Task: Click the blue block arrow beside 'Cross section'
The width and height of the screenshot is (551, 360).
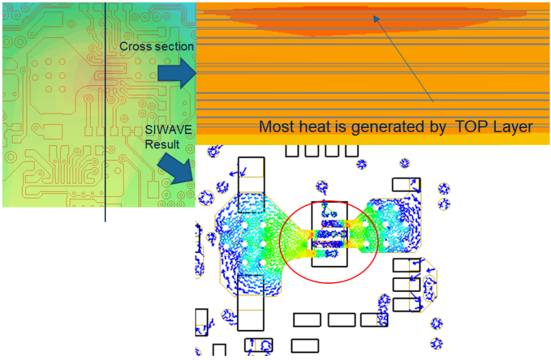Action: point(176,73)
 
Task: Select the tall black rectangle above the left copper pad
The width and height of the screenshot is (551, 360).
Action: point(251,177)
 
